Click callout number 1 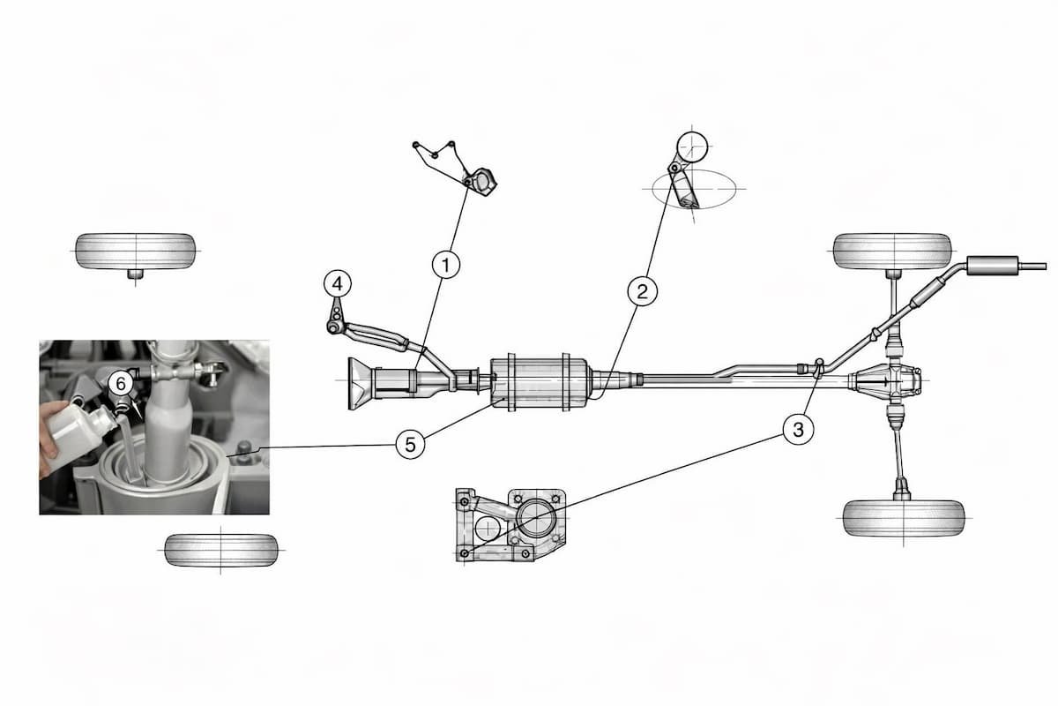click(x=446, y=264)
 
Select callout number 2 click(x=642, y=290)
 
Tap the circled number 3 click(x=798, y=430)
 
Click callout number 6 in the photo click(x=121, y=383)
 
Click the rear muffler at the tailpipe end click(x=992, y=264)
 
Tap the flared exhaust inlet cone click(x=359, y=384)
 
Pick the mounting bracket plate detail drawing click(x=507, y=525)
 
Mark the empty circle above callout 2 click(x=693, y=146)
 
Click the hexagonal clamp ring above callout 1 click(x=482, y=181)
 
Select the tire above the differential click(x=893, y=252)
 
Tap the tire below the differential click(x=903, y=518)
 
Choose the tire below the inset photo click(x=221, y=550)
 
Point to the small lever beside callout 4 click(x=337, y=319)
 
